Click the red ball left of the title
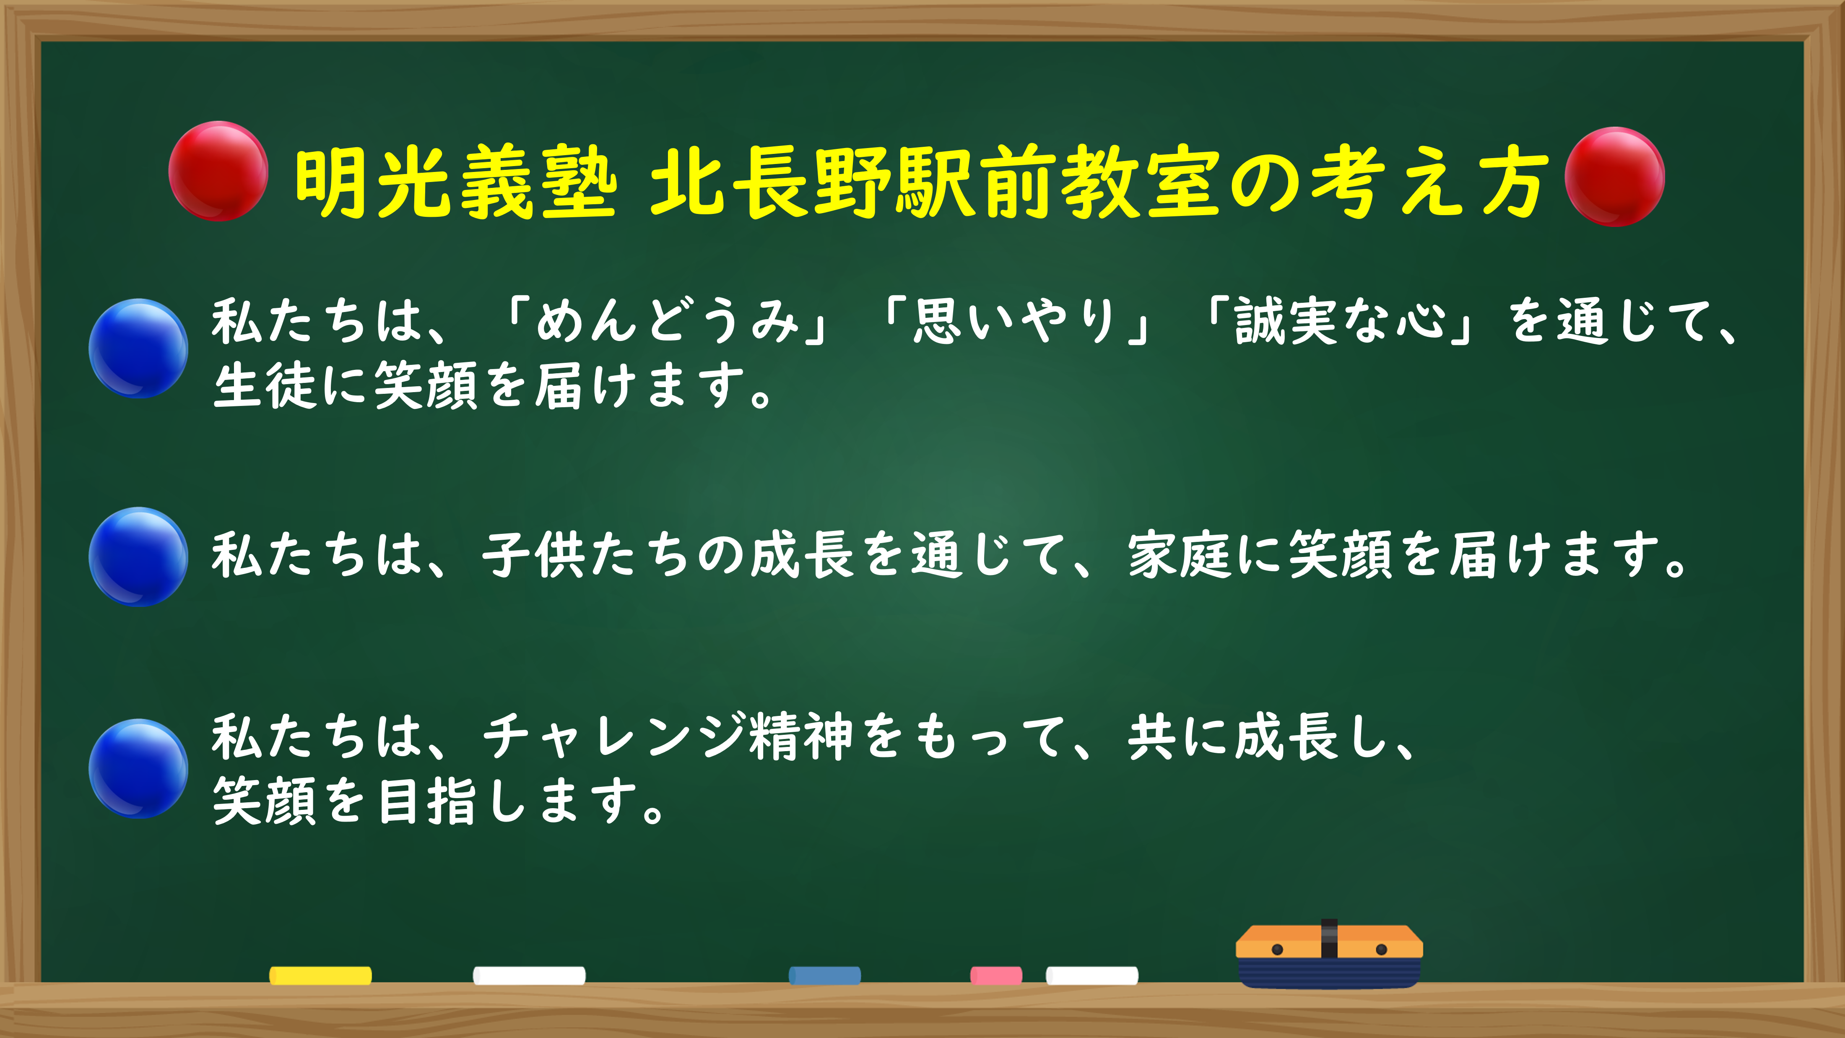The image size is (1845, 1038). [218, 171]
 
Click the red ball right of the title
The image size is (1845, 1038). [1614, 177]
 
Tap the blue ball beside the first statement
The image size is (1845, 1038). [138, 348]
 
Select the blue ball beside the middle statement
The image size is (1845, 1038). [138, 557]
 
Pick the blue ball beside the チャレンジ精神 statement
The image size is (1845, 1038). [138, 769]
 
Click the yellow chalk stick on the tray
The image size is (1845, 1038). [320, 975]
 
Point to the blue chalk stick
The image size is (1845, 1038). [824, 975]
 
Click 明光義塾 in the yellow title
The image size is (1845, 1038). [455, 183]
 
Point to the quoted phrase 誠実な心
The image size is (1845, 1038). [1339, 320]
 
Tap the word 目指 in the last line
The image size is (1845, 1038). [427, 801]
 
